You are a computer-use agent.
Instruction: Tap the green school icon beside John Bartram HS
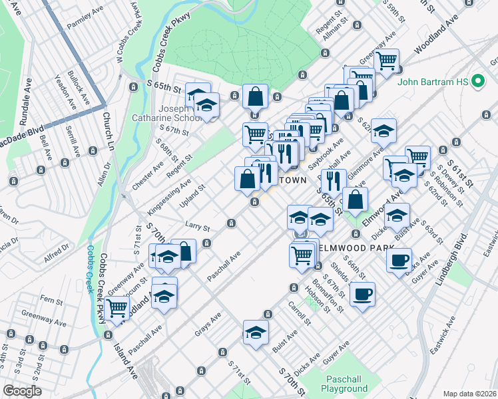click(477, 82)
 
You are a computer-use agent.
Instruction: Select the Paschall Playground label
click(344, 383)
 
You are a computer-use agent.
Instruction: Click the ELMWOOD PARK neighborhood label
click(350, 247)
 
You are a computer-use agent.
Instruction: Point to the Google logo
click(21, 391)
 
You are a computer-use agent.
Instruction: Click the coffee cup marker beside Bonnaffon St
click(362, 295)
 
